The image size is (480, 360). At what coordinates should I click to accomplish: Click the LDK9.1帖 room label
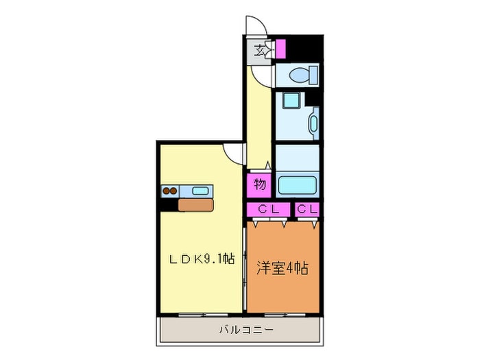click(x=202, y=259)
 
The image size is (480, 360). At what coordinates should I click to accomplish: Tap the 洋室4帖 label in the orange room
click(x=283, y=269)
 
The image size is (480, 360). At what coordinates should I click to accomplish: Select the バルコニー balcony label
click(x=246, y=330)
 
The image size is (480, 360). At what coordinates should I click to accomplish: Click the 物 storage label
click(x=260, y=184)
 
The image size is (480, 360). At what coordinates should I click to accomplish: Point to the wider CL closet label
click(x=269, y=209)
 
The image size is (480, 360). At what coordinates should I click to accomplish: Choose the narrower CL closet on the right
click(x=307, y=209)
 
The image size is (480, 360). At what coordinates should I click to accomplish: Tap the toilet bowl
click(x=303, y=75)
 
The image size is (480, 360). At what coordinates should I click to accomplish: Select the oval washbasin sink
click(x=314, y=123)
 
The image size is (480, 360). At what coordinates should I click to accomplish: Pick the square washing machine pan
click(x=290, y=100)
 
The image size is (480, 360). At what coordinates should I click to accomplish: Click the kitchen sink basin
click(x=200, y=191)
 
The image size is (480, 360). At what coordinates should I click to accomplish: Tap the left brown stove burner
click(x=166, y=191)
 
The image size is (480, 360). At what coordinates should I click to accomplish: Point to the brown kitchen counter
click(x=195, y=205)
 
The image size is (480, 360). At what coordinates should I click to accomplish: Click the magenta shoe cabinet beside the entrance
click(x=280, y=49)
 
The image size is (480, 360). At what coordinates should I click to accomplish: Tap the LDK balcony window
click(x=203, y=314)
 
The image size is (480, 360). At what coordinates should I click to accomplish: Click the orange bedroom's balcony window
click(x=285, y=314)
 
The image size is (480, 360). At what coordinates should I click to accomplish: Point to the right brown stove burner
click(x=173, y=191)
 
